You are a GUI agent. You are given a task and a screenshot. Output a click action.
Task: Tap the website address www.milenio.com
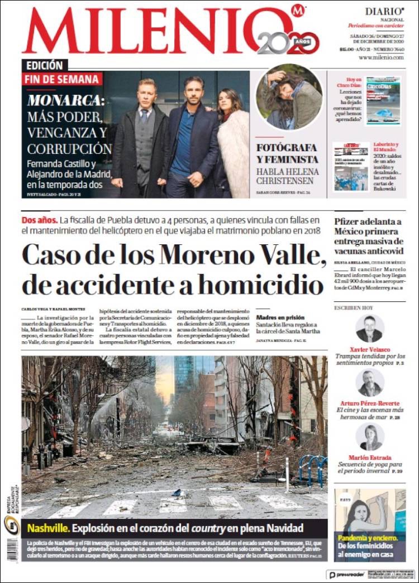382,57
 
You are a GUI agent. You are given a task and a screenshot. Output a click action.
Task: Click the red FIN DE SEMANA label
62,79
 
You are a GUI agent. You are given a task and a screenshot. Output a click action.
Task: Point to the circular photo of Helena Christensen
289,97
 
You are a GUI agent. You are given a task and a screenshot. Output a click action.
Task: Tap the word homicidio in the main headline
260,285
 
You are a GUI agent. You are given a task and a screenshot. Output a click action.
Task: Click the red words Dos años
39,219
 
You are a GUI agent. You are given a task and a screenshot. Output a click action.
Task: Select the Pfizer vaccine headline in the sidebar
369,236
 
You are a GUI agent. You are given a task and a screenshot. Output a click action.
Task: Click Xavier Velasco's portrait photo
369,329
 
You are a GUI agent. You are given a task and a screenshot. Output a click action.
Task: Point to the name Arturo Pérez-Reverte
370,403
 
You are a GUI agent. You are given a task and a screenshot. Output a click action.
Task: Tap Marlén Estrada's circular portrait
369,437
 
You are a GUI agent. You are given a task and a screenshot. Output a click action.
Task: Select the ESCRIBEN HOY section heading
354,307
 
